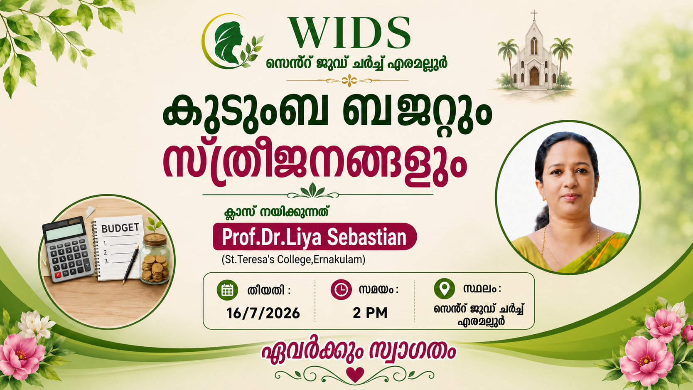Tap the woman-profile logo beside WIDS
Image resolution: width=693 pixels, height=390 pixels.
[x=233, y=41]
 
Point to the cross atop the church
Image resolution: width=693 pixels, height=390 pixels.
[x=534, y=15]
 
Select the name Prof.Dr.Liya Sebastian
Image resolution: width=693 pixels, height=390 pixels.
[x=315, y=237]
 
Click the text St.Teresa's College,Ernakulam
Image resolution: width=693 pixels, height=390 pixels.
[x=293, y=259]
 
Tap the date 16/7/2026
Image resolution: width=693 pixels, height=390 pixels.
[x=263, y=313]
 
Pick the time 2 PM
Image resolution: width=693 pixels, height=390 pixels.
[x=370, y=313]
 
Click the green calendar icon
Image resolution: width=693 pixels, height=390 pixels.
[x=227, y=290]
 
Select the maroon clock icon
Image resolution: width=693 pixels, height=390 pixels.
[x=341, y=290]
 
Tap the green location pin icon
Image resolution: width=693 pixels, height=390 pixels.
[x=445, y=289]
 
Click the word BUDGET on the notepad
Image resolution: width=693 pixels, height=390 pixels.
[x=120, y=228]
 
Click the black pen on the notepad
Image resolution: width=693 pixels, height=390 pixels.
[x=130, y=265]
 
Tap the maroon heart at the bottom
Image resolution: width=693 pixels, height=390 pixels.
[x=355, y=375]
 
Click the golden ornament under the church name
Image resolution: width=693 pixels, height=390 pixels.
[x=348, y=81]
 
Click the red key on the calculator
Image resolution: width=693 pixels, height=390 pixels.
[x=58, y=275]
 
